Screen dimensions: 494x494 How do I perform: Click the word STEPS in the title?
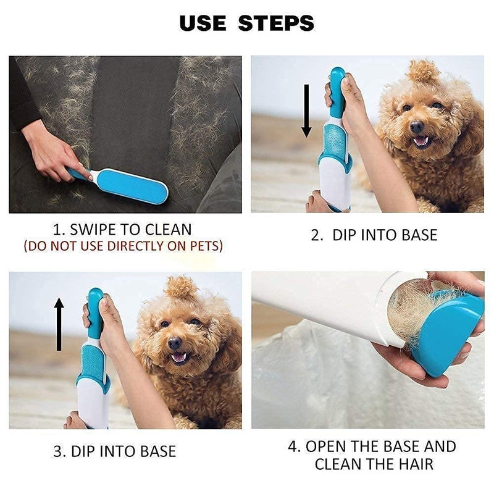click(276, 23)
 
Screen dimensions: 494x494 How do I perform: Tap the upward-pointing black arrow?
click(59, 324)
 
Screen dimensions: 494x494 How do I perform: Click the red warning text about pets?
click(123, 246)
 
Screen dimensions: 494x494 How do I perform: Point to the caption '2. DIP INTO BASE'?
click(374, 235)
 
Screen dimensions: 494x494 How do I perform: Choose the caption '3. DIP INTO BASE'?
click(114, 451)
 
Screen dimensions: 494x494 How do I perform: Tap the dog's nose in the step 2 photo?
click(417, 127)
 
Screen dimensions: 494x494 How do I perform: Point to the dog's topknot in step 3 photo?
click(182, 287)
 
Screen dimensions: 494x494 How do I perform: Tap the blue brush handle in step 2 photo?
click(337, 93)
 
